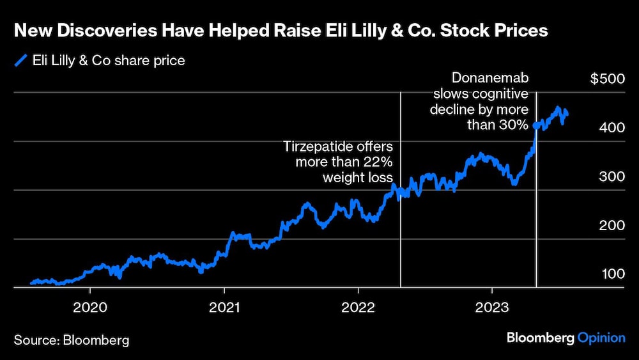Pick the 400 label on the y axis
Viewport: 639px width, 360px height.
611,128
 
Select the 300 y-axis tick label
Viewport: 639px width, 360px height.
611,176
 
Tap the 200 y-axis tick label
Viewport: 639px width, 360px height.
611,226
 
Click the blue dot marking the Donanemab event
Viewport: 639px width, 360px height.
535,126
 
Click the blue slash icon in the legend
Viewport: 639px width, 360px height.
20,61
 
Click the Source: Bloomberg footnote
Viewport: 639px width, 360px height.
71,340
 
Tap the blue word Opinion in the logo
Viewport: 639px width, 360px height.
601,338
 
